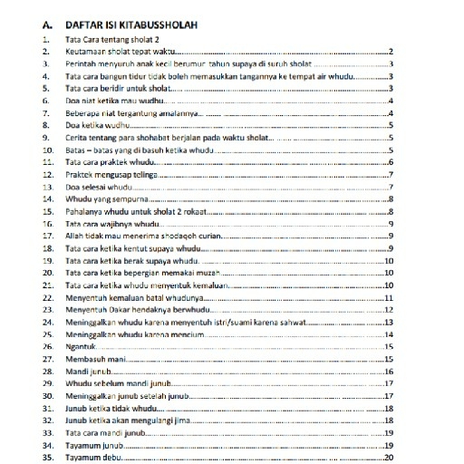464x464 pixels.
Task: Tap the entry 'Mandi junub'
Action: coord(88,371)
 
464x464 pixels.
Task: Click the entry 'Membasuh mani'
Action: coord(93,358)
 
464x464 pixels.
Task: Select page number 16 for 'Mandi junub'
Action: coord(389,371)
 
